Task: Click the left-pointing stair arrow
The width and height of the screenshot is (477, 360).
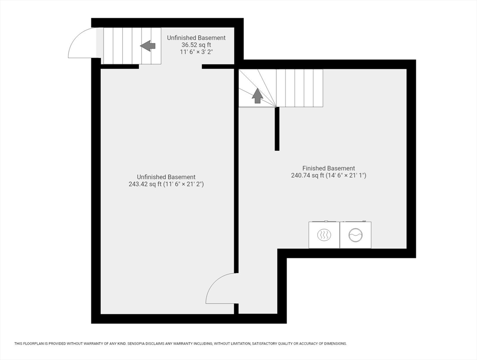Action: pos(148,46)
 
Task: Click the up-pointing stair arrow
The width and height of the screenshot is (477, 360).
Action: pos(257,96)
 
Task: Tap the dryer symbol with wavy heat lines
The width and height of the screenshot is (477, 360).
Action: pos(324,235)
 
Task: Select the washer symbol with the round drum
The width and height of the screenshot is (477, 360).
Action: pos(355,235)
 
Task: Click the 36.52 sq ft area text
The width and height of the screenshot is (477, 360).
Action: pos(196,45)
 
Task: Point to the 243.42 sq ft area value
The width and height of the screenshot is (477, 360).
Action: pos(145,184)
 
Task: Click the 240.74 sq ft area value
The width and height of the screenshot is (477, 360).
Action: pos(307,175)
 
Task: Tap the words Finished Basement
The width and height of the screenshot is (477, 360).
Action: pos(328,168)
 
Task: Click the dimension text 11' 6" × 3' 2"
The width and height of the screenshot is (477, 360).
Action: pos(196,52)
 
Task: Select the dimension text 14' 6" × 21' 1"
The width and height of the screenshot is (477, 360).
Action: pos(346,175)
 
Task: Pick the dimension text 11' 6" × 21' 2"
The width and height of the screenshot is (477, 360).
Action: pos(183,184)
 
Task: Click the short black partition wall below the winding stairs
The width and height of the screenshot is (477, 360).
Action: pos(277,129)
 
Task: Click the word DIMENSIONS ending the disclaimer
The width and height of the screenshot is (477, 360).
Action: pos(336,344)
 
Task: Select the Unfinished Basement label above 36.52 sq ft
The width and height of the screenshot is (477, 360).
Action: pos(196,38)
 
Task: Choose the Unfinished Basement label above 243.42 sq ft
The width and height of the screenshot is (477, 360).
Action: pos(166,177)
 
